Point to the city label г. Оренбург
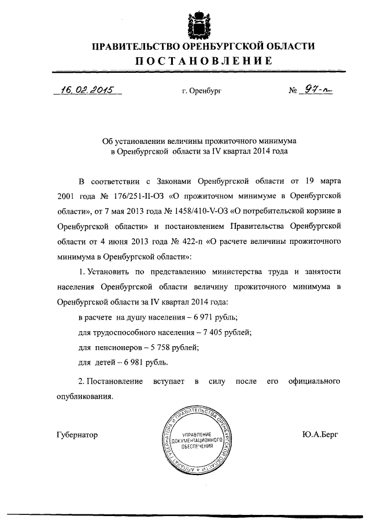[x=202, y=92]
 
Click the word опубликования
[x=84, y=397]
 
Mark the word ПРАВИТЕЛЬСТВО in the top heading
[x=130, y=46]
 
